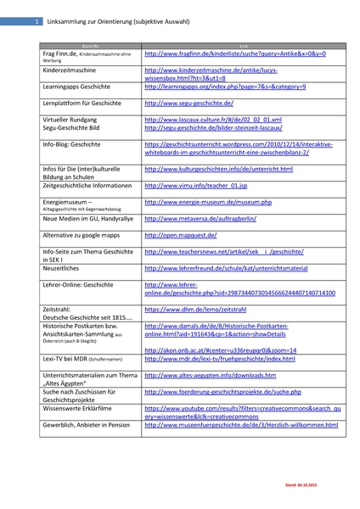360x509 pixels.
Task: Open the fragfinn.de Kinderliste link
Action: pyautogui.click(x=234, y=53)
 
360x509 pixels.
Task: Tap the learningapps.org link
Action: pyautogui.click(x=225, y=87)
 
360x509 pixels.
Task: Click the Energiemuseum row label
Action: pyautogui.click(x=67, y=202)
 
